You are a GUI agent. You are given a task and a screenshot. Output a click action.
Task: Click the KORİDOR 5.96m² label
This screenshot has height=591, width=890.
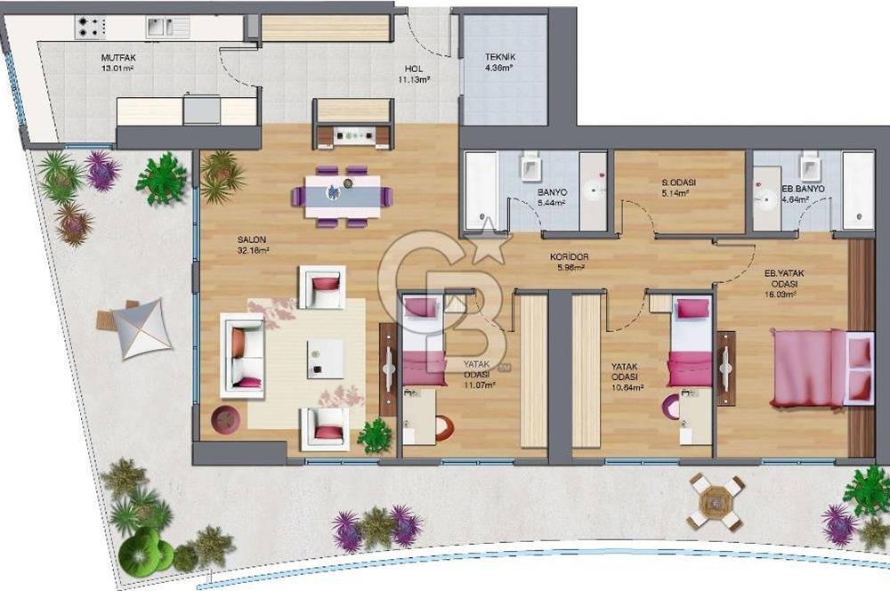pos(569,262)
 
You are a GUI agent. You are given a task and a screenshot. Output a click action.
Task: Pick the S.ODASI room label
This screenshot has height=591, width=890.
pos(678,188)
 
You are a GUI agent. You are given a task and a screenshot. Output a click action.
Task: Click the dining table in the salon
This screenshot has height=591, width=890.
pos(343,195)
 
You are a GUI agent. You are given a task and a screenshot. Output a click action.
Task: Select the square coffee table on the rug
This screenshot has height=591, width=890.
pos(326,358)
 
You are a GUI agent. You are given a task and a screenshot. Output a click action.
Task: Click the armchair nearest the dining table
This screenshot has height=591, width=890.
pos(323,287)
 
